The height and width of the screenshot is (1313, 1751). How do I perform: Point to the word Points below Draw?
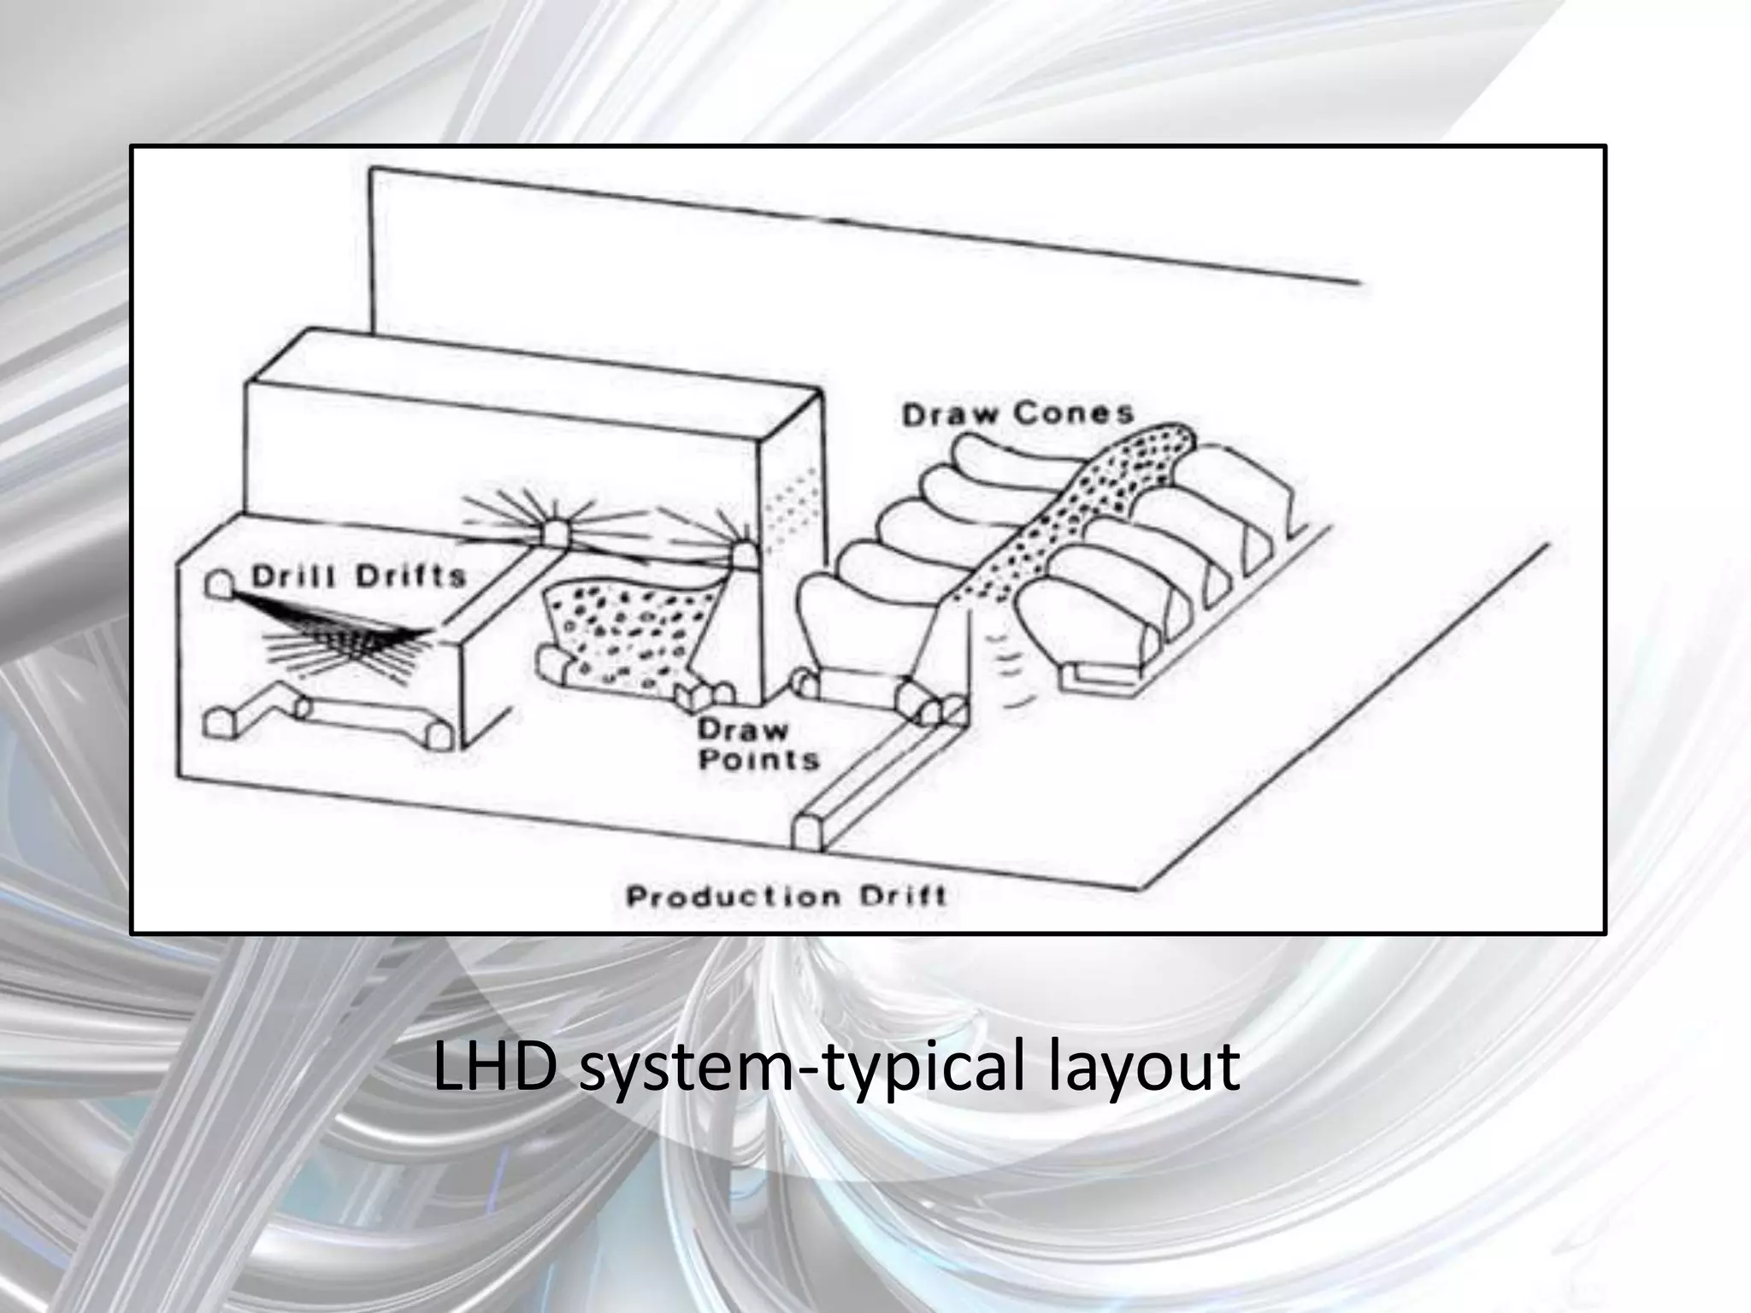758,758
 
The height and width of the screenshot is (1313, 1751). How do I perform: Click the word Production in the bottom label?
720,897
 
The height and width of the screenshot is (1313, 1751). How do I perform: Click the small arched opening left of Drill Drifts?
217,585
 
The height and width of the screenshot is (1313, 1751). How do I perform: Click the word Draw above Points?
742,729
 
